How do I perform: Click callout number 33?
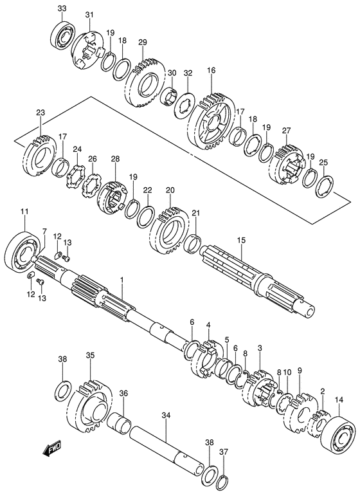click(62, 8)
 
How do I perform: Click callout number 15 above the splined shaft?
click(241, 240)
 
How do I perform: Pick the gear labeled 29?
click(145, 83)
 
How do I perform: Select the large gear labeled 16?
click(211, 122)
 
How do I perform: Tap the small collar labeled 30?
click(170, 95)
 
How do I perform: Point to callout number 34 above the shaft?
click(166, 416)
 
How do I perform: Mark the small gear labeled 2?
click(318, 422)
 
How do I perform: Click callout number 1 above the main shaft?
click(122, 280)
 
